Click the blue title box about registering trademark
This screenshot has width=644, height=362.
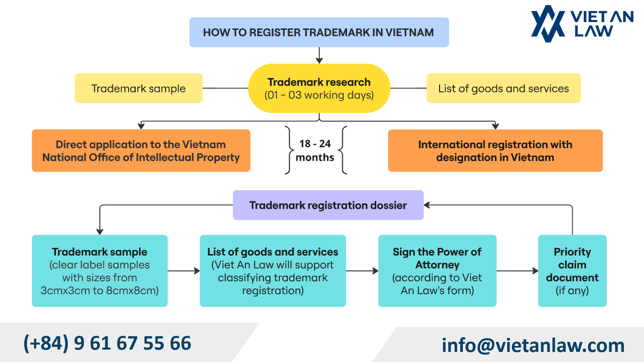319,32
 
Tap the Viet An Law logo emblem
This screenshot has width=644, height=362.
548,23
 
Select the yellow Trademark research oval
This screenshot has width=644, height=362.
319,88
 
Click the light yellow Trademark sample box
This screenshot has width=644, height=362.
139,88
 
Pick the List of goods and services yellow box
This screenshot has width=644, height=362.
503,88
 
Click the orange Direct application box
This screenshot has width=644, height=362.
141,151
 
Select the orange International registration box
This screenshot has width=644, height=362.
495,151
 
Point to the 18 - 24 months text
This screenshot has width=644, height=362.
315,150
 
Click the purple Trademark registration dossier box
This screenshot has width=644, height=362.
328,205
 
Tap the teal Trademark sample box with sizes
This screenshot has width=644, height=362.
100,271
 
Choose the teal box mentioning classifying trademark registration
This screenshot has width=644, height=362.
273,271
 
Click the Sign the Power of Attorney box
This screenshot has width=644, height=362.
437,271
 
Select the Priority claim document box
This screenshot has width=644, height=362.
572,271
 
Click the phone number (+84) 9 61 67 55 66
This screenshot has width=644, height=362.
107,343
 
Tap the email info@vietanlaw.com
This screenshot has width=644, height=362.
533,345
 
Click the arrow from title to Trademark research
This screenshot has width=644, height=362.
319,55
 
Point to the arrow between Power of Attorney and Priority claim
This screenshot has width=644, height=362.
517,271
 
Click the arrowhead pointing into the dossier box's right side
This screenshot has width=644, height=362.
427,205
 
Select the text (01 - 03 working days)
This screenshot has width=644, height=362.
319,95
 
